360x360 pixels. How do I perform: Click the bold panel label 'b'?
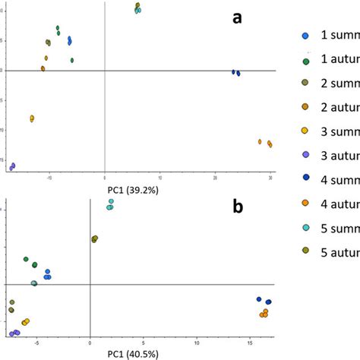238,207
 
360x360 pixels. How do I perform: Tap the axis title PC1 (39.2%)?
132,187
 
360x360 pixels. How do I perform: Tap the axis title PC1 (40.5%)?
132,353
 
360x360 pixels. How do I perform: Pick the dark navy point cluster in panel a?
236,73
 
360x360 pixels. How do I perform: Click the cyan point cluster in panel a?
137,10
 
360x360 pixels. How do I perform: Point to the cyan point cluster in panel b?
110,204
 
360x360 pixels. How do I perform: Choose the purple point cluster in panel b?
14,333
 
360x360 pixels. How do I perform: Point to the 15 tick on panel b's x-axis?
251,343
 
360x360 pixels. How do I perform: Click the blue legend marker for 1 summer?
305,36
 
